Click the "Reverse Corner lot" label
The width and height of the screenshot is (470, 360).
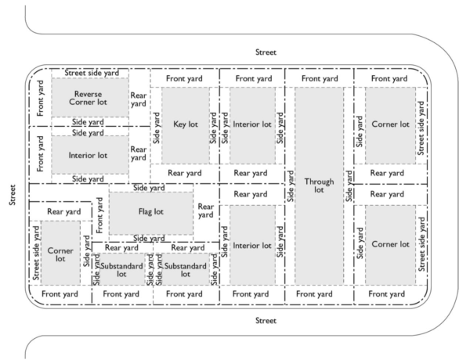89,97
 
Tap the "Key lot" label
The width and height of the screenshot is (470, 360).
185,124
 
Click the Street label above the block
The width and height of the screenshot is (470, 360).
266,52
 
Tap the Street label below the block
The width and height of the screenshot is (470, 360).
266,320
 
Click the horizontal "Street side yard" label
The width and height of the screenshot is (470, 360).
92,73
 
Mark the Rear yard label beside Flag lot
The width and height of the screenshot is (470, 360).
206,211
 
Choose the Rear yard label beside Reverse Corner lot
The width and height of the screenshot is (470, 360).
138,99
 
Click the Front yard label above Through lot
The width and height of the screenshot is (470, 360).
320,78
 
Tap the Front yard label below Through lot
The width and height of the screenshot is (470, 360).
320,293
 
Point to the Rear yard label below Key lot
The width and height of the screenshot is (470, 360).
185,173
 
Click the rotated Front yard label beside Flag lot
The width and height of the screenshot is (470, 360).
99,215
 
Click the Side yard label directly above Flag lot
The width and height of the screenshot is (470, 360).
150,188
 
